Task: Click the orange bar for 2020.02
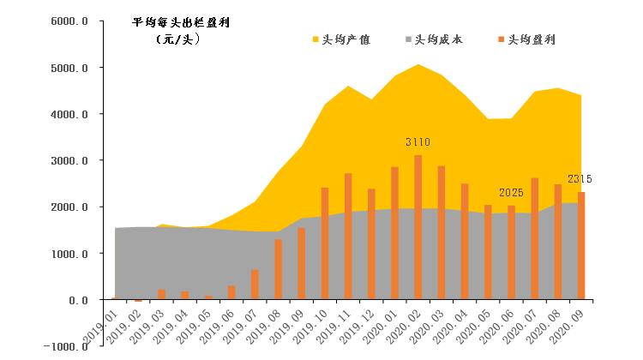pyautogui.click(x=418, y=228)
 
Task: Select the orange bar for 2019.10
pyautogui.click(x=325, y=244)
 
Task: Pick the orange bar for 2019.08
pyautogui.click(x=279, y=270)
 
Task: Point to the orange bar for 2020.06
pyautogui.click(x=511, y=253)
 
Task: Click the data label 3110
pyautogui.click(x=418, y=141)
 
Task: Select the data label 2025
pyautogui.click(x=511, y=192)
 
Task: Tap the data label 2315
pyautogui.click(x=580, y=178)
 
